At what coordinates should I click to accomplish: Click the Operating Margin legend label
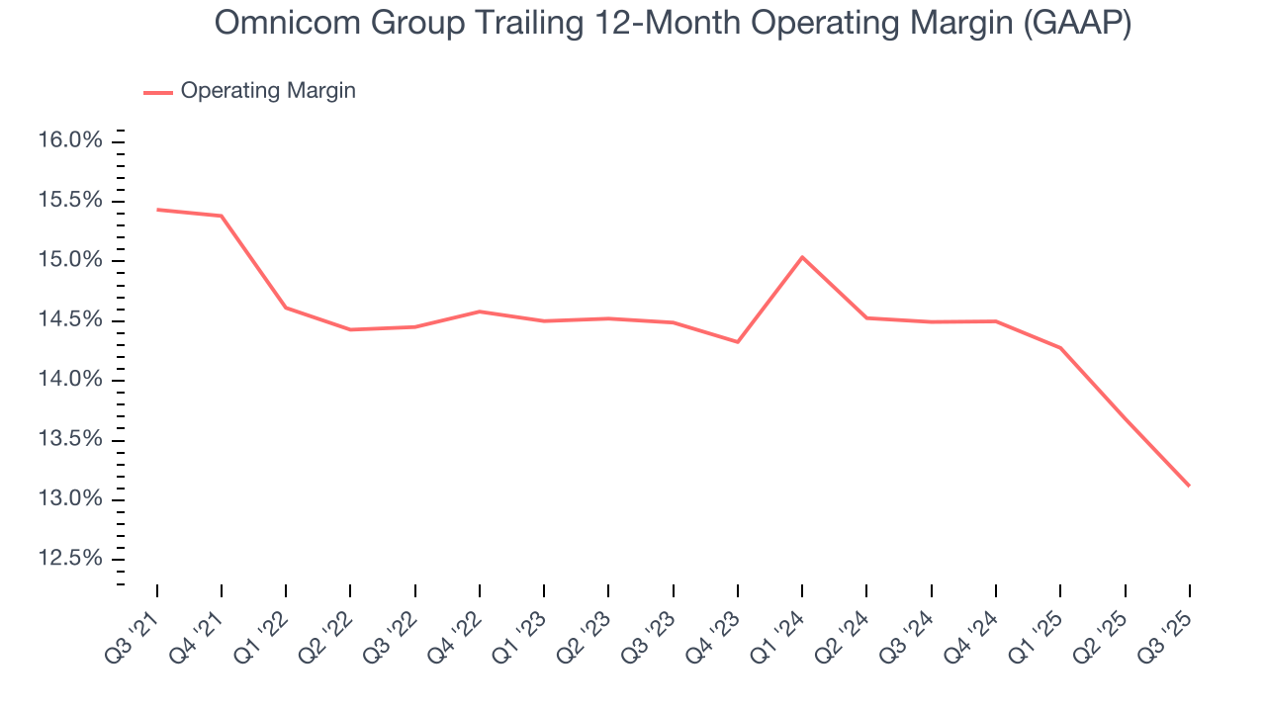(x=268, y=91)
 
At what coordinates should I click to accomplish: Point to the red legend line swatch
(x=158, y=92)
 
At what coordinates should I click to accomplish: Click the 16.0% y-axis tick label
(x=70, y=141)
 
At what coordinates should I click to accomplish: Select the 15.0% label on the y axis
(x=70, y=261)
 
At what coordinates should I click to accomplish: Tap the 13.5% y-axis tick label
(x=70, y=440)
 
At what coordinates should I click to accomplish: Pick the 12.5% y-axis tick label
(x=70, y=560)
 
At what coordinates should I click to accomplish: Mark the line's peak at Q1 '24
(x=802, y=257)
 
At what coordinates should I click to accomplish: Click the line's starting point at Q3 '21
(x=157, y=210)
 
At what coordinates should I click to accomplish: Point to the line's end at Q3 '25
(x=1189, y=486)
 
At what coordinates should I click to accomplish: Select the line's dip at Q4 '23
(x=738, y=342)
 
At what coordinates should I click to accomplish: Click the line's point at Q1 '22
(x=286, y=308)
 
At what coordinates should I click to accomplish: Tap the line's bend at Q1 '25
(x=1060, y=348)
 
